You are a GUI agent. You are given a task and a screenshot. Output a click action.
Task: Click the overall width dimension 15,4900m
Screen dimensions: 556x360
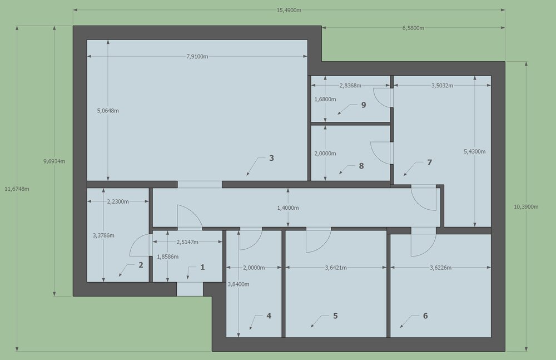[289, 11]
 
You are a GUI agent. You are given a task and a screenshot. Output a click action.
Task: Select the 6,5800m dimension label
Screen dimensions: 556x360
[413, 28]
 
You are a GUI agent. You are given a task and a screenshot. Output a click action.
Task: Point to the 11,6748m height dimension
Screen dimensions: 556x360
[17, 189]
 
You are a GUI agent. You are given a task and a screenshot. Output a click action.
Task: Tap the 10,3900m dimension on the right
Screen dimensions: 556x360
[526, 206]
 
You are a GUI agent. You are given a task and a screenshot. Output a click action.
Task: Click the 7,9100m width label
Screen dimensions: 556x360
[197, 56]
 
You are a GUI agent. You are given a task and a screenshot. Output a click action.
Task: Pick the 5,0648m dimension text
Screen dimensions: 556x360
[108, 111]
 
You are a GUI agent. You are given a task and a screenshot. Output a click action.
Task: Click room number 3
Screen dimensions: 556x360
[272, 158]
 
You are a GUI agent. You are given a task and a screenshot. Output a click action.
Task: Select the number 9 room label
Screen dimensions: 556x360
[364, 105]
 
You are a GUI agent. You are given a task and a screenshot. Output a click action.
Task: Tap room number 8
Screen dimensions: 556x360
[361, 166]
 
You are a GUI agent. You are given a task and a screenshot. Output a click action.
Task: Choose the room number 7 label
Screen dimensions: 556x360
[429, 162]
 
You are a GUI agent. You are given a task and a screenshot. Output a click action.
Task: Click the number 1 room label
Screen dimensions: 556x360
[202, 267]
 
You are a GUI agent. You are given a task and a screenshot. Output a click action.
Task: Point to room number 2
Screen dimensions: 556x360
[141, 265]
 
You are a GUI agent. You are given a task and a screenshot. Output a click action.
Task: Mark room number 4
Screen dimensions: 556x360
[269, 315]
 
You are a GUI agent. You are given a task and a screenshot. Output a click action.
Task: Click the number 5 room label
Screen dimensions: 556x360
[335, 315]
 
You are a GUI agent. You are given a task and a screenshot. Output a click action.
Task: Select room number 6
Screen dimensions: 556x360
[425, 315]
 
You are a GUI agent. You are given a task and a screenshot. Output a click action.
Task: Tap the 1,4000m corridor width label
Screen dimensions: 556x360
[288, 208]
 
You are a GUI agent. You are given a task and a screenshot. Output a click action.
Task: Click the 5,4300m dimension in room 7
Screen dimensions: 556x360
[475, 151]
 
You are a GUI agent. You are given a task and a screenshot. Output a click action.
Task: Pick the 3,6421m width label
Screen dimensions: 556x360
[336, 268]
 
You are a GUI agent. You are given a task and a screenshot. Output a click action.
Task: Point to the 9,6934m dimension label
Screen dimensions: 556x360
[54, 161]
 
